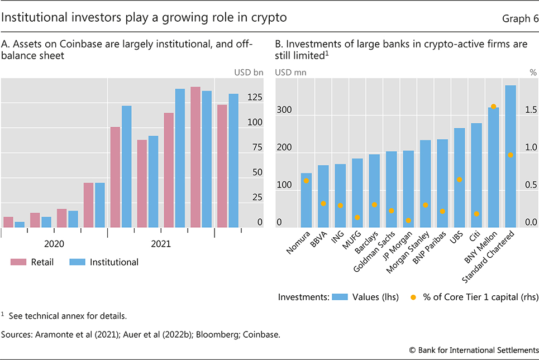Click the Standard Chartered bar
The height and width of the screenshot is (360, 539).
point(510,156)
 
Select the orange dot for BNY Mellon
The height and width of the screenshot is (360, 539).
point(493,107)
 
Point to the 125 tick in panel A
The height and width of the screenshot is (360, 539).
point(255,98)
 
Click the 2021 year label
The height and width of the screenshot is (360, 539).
point(161,244)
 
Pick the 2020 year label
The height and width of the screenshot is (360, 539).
point(54,244)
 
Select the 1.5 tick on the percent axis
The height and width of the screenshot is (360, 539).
point(530,110)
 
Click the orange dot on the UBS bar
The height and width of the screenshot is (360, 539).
point(459,180)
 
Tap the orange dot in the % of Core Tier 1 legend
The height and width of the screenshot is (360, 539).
point(413,297)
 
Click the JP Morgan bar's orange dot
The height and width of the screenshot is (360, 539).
point(408,220)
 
